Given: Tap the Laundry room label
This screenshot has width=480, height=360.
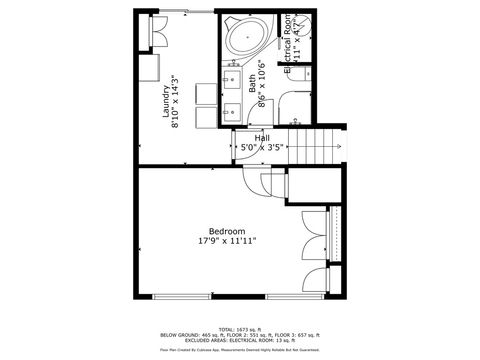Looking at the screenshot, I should pyautogui.click(x=166, y=100).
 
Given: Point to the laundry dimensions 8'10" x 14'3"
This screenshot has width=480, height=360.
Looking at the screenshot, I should pyautogui.click(x=176, y=100).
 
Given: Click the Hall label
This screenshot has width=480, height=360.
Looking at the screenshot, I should pyautogui.click(x=262, y=138).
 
